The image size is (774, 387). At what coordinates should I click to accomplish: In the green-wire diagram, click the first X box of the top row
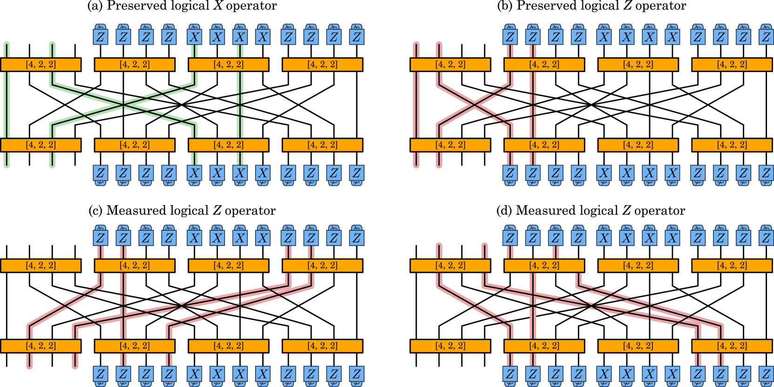pyautogui.click(x=194, y=37)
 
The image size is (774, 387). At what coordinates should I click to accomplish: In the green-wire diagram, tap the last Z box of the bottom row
pyautogui.click(x=356, y=173)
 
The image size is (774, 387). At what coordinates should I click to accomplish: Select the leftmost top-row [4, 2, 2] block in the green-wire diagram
pyautogui.click(x=41, y=65)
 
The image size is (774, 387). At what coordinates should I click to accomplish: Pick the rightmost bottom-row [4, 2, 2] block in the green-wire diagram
pyautogui.click(x=322, y=145)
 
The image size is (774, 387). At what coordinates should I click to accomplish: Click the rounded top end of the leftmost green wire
pyautogui.click(x=7, y=44)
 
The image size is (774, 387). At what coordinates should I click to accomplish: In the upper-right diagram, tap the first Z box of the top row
pyautogui.click(x=510, y=37)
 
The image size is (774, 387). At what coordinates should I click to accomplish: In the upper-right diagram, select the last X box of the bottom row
pyautogui.click(x=672, y=173)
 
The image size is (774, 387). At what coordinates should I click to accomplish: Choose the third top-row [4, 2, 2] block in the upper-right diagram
pyautogui.click(x=638, y=65)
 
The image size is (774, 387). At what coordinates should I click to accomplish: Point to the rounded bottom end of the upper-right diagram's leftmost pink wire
pyautogui.click(x=416, y=165)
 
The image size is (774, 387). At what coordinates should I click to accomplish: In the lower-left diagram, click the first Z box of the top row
pyautogui.click(x=101, y=238)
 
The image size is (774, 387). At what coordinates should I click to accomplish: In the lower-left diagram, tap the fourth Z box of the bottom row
pyautogui.click(x=169, y=374)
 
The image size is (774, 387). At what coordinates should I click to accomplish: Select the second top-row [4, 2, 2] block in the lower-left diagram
pyautogui.click(x=135, y=266)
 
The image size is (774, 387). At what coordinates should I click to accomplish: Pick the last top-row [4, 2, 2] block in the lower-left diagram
pyautogui.click(x=322, y=266)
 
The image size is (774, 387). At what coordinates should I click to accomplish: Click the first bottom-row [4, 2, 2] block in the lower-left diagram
pyautogui.click(x=41, y=346)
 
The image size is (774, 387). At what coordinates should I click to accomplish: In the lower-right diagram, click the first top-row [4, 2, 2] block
pyautogui.click(x=450, y=266)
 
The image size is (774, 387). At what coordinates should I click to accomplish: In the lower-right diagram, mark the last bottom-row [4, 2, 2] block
pyautogui.click(x=732, y=346)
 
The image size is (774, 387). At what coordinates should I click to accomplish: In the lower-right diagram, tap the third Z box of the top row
pyautogui.click(x=555, y=238)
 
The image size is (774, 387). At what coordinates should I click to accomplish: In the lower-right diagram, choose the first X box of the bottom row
pyautogui.click(x=604, y=374)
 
